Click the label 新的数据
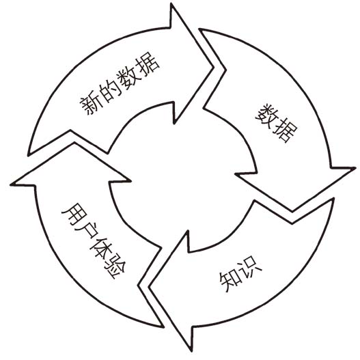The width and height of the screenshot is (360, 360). [x=120, y=83]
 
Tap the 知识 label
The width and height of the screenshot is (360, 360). [x=240, y=275]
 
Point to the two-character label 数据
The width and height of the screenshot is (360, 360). [x=276, y=123]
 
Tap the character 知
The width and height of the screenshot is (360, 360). [x=230, y=281]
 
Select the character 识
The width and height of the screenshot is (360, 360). [x=251, y=268]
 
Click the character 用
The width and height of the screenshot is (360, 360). [x=73, y=214]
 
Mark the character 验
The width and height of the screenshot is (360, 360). [x=114, y=267]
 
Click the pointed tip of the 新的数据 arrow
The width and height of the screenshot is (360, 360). [x=213, y=67]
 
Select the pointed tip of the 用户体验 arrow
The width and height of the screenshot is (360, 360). [x=74, y=143]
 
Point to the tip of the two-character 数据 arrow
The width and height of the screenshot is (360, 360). [x=292, y=211]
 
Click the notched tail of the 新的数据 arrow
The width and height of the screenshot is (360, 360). [x=70, y=130]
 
